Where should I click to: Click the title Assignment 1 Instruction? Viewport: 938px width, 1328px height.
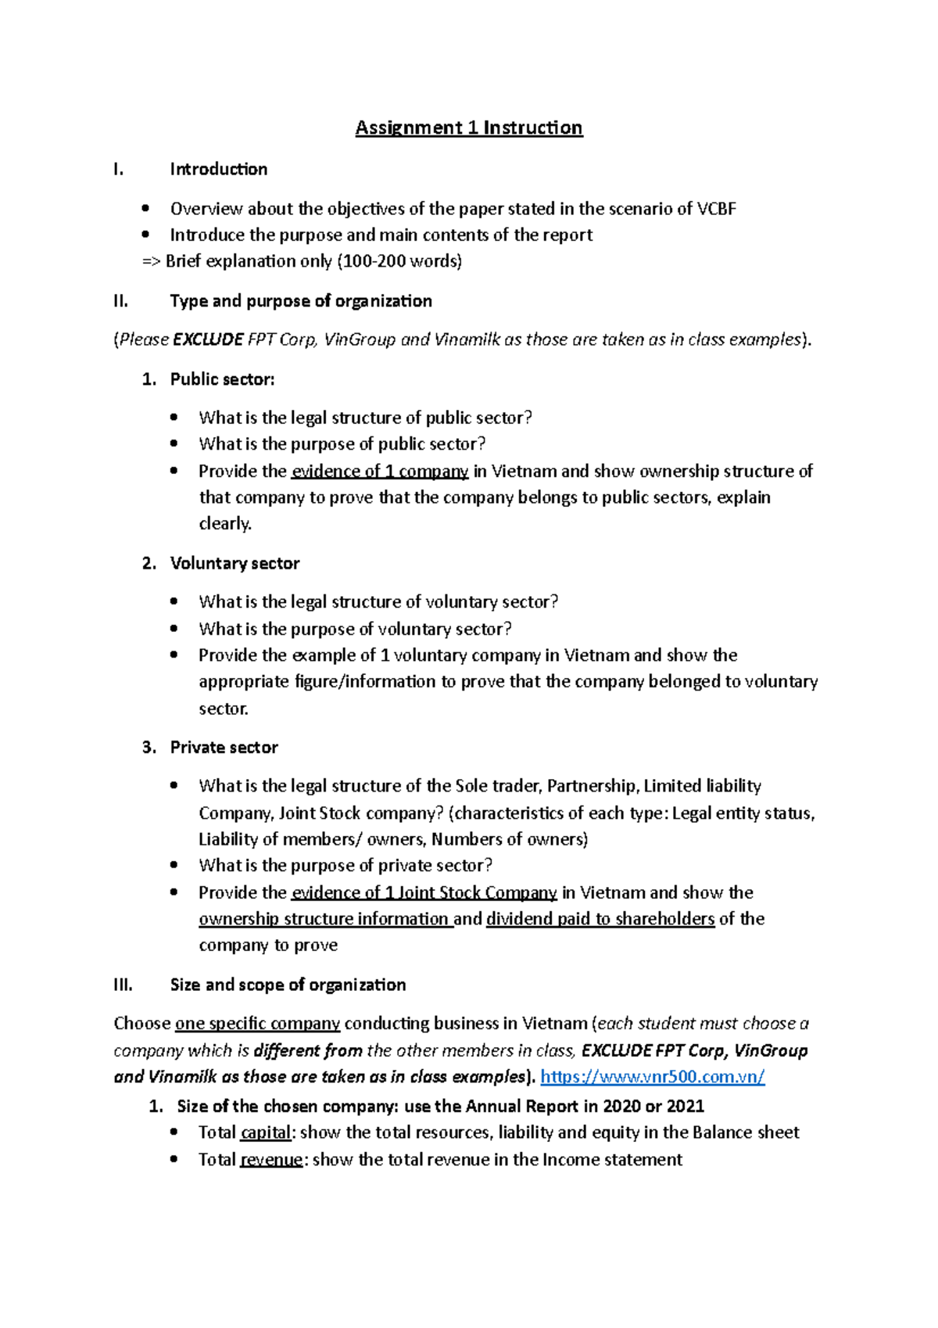468,127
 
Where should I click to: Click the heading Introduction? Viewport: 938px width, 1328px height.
219,169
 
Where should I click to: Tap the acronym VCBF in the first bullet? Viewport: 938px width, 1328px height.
717,209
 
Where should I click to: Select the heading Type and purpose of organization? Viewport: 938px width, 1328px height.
301,301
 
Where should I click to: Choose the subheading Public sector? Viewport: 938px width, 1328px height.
222,379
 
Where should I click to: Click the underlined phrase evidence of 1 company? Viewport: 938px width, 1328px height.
380,472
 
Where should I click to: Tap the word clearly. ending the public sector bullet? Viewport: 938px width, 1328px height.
225,524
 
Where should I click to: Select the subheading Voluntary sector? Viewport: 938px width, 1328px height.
234,563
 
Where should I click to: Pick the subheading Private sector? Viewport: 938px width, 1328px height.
224,748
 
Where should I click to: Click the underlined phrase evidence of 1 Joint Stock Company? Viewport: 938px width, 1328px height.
424,893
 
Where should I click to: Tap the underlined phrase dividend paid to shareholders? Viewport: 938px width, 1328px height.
600,919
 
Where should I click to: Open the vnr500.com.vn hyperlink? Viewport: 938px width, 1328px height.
653,1077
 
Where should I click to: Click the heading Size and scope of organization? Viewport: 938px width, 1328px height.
288,985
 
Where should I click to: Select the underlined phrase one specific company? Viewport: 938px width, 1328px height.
257,1024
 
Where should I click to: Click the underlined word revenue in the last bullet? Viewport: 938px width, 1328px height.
271,1160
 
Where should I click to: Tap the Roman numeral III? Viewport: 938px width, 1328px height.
124,985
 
